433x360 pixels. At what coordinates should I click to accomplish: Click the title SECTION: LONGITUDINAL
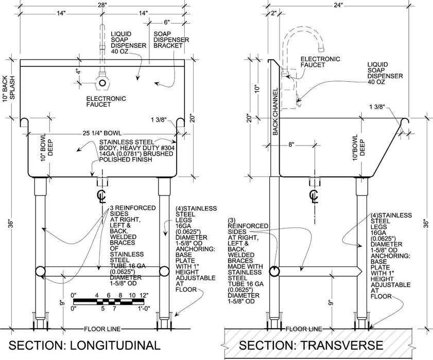coord(85,345)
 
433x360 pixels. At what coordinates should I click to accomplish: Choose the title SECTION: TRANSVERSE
coord(310,345)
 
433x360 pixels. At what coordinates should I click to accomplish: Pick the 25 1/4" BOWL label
coord(102,134)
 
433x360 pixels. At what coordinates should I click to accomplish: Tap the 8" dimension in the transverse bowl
coord(291,145)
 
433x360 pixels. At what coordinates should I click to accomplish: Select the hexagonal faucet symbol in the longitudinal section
coord(103,82)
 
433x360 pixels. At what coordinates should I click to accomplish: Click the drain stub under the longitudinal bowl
coord(102,182)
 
